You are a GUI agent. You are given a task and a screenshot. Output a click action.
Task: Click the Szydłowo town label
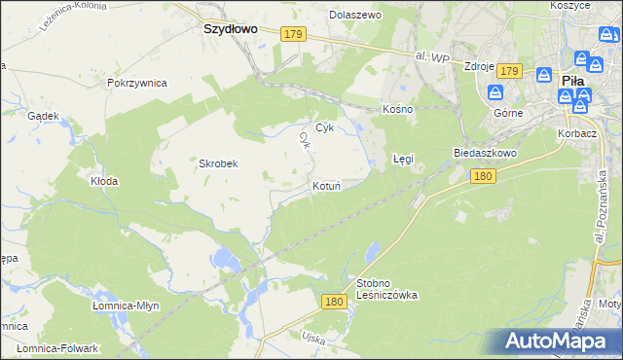click(230, 29)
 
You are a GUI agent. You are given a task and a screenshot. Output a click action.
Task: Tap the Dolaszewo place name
click(355, 16)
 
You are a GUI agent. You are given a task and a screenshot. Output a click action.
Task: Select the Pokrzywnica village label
click(137, 84)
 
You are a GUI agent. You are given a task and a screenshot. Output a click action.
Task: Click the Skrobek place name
click(219, 163)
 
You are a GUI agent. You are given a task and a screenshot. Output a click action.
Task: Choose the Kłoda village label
click(104, 181)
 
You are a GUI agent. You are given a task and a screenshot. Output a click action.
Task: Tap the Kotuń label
click(326, 185)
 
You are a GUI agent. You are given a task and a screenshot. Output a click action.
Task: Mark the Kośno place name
click(398, 109)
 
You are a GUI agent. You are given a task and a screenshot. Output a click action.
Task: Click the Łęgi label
click(403, 157)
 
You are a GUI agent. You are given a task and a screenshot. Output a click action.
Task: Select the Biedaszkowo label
click(484, 154)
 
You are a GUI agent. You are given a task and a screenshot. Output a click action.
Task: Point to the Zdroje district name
click(480, 67)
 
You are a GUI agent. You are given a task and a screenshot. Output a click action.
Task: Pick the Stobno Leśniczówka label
click(386, 288)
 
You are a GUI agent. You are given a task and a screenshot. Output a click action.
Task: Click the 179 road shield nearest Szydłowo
click(295, 34)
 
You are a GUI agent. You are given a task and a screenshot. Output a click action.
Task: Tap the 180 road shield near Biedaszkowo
click(484, 176)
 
